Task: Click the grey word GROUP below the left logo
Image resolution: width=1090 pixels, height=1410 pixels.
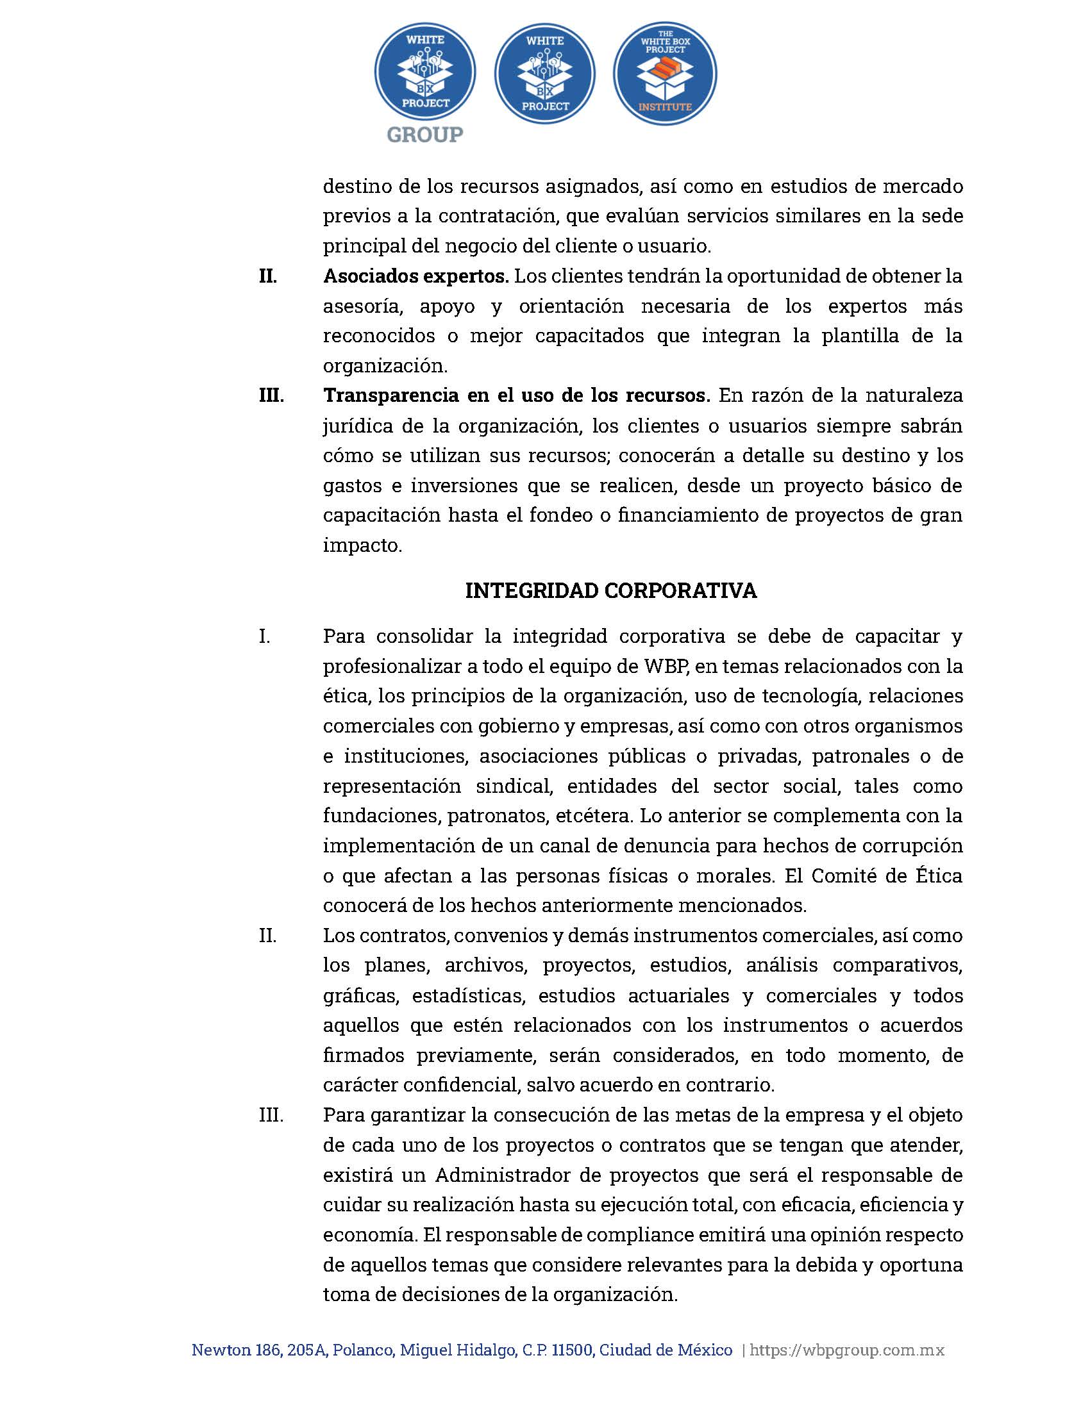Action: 424,135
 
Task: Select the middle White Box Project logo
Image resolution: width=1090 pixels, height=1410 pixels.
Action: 544,74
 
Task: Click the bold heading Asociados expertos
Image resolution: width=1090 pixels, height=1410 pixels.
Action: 416,276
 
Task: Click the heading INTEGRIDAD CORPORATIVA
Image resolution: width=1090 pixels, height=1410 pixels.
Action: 610,591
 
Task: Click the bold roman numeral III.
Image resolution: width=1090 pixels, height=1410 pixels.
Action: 271,395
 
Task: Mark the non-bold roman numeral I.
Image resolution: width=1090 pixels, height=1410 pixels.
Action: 264,636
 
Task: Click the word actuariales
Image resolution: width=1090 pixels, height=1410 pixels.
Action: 678,995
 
